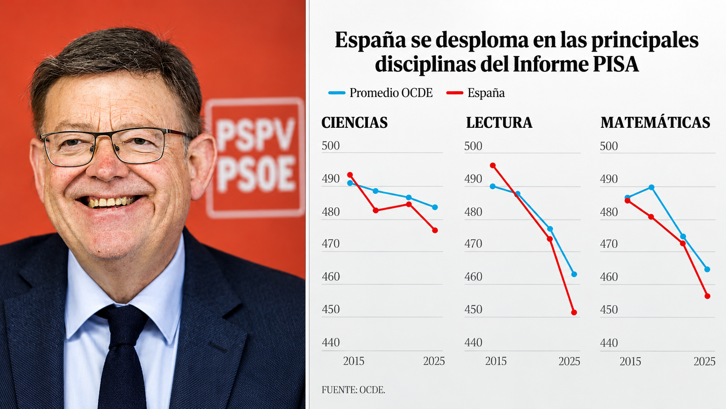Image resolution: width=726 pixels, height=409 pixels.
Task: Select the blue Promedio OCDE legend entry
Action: tap(380, 93)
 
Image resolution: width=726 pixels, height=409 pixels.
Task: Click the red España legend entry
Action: tap(475, 93)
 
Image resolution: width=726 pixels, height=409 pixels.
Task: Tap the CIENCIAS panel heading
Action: tap(354, 123)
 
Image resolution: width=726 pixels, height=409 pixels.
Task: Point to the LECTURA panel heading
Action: tap(499, 123)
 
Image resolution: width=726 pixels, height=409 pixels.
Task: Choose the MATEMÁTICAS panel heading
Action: tap(655, 123)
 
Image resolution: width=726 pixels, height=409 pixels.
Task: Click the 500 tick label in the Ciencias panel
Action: tap(330, 146)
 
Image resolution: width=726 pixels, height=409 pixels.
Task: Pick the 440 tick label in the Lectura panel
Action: tap(473, 342)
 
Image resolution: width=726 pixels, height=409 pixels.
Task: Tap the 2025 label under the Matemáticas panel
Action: tap(704, 361)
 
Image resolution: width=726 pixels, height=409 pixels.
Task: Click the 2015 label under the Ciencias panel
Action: tap(353, 361)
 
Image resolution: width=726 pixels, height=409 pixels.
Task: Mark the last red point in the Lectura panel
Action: tap(574, 313)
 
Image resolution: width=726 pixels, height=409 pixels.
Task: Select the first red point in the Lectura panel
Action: tap(493, 166)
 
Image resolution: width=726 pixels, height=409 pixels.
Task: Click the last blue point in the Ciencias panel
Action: tap(435, 207)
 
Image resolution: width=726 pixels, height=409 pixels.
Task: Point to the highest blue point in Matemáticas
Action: tap(651, 187)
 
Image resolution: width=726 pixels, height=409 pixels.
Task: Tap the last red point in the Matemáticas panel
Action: tap(707, 296)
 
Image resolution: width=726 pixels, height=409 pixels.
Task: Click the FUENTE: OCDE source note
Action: tap(353, 390)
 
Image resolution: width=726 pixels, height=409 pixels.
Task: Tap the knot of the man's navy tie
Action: tap(122, 325)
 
